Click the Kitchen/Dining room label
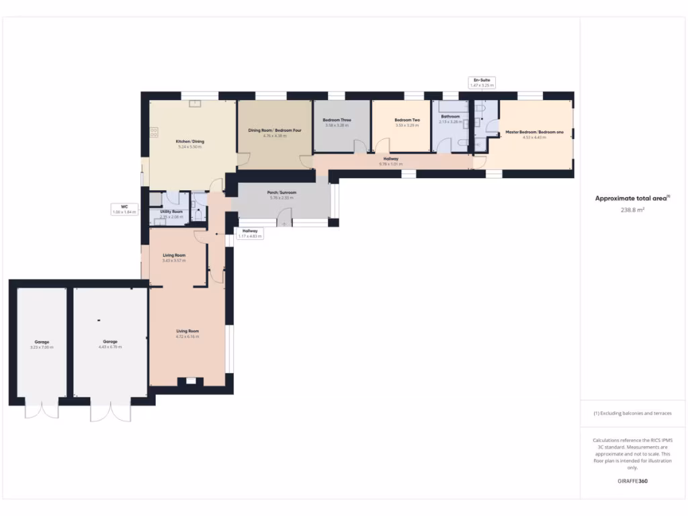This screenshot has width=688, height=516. tap(189, 142)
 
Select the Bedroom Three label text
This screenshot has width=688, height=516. tap(337, 120)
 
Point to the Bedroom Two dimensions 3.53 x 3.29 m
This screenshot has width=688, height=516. tap(407, 126)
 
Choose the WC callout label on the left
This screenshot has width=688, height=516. tap(124, 209)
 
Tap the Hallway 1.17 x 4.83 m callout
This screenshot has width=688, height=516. tap(250, 233)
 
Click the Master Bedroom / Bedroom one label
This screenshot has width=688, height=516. tap(534, 132)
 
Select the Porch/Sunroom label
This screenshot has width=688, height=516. tap(282, 192)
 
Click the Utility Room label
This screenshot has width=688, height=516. tap(171, 212)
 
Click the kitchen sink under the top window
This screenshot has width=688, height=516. tap(194, 104)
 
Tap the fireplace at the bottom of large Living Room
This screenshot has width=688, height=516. tap(190, 382)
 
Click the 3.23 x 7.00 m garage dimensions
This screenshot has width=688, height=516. tap(42, 347)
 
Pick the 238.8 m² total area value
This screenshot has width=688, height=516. tap(632, 210)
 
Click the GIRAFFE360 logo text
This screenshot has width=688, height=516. tap(632, 481)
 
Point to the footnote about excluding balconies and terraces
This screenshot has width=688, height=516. tap(632, 413)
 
